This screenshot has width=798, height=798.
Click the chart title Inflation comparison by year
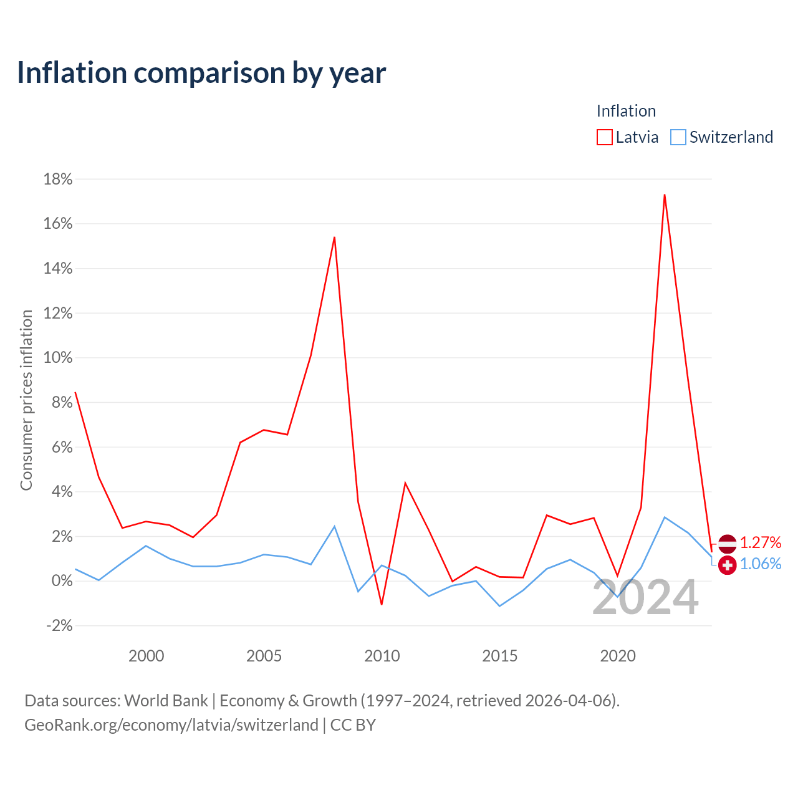201,73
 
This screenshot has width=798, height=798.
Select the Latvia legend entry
627,137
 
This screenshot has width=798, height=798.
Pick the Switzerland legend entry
721,137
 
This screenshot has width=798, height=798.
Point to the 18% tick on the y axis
58,180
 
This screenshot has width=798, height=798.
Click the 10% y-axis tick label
58,357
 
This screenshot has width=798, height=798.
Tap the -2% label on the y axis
60,625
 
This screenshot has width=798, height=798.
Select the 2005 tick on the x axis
264,656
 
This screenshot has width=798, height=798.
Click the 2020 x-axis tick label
617,656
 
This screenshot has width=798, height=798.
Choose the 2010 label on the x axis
382,656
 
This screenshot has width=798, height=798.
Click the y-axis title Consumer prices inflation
26,400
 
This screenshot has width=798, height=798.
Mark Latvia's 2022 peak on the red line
665,195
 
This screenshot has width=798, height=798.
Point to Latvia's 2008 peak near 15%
334,238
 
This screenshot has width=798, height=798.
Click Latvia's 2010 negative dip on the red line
382,604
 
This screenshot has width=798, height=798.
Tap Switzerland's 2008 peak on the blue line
334,526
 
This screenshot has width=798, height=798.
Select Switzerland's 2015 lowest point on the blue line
499,606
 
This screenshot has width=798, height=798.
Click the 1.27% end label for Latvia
761,542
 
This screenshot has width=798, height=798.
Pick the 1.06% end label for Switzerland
761,564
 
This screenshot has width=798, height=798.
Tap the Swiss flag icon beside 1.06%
727,565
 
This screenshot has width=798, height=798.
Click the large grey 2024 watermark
645,597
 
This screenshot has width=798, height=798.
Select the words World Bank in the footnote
166,701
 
